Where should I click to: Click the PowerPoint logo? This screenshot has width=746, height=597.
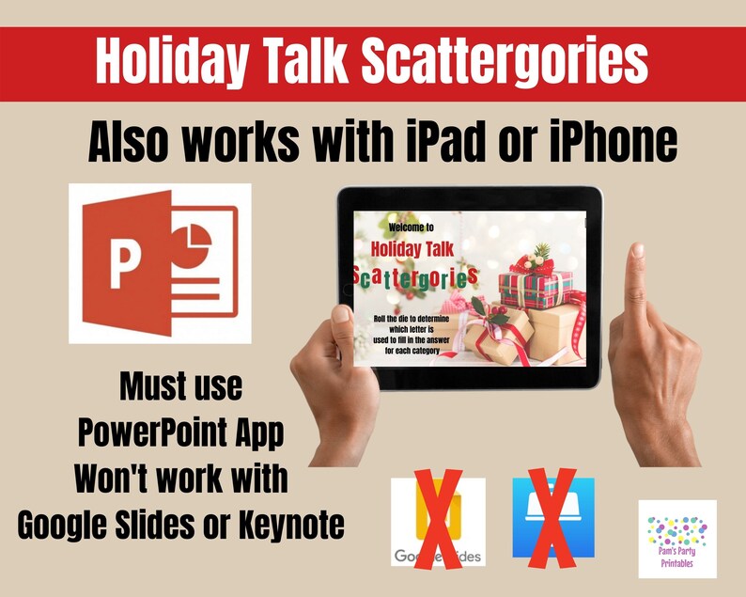tap(160, 263)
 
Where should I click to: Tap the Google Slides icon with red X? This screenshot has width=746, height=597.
tap(438, 522)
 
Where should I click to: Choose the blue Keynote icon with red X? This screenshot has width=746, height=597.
tap(553, 519)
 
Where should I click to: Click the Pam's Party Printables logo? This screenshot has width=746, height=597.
tap(676, 538)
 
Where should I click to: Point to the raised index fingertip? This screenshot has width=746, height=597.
tap(637, 252)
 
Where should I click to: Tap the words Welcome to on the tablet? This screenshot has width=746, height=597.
tap(411, 227)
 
